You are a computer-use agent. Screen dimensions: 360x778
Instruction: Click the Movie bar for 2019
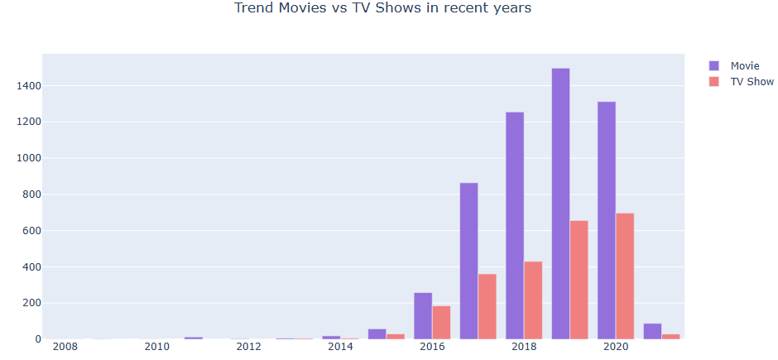(x=560, y=204)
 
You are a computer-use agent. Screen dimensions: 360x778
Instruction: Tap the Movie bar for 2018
(x=515, y=225)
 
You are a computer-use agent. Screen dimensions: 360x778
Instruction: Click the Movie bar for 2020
(x=607, y=220)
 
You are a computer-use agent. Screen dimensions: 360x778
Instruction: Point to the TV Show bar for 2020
(x=625, y=276)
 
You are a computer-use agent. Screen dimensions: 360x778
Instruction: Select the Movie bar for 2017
(x=468, y=261)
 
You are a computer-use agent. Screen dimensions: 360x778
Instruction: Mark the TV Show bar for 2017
(x=487, y=306)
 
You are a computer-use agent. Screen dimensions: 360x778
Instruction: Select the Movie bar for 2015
(x=377, y=334)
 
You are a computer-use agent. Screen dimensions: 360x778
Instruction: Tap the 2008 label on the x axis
(x=65, y=347)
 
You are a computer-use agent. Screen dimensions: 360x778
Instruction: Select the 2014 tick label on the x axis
(x=340, y=347)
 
